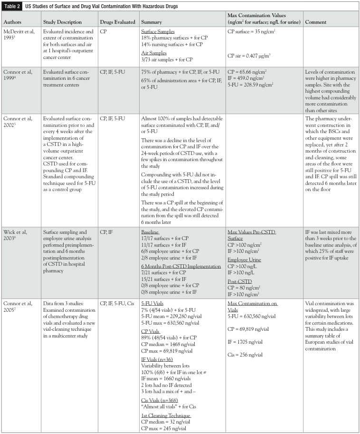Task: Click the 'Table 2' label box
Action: pyautogui.click(x=13, y=5)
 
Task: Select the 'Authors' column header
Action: pyautogui.click(x=14, y=22)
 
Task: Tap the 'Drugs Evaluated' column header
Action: pyautogui.click(x=116, y=22)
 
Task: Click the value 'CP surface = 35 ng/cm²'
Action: pyautogui.click(x=250, y=34)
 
